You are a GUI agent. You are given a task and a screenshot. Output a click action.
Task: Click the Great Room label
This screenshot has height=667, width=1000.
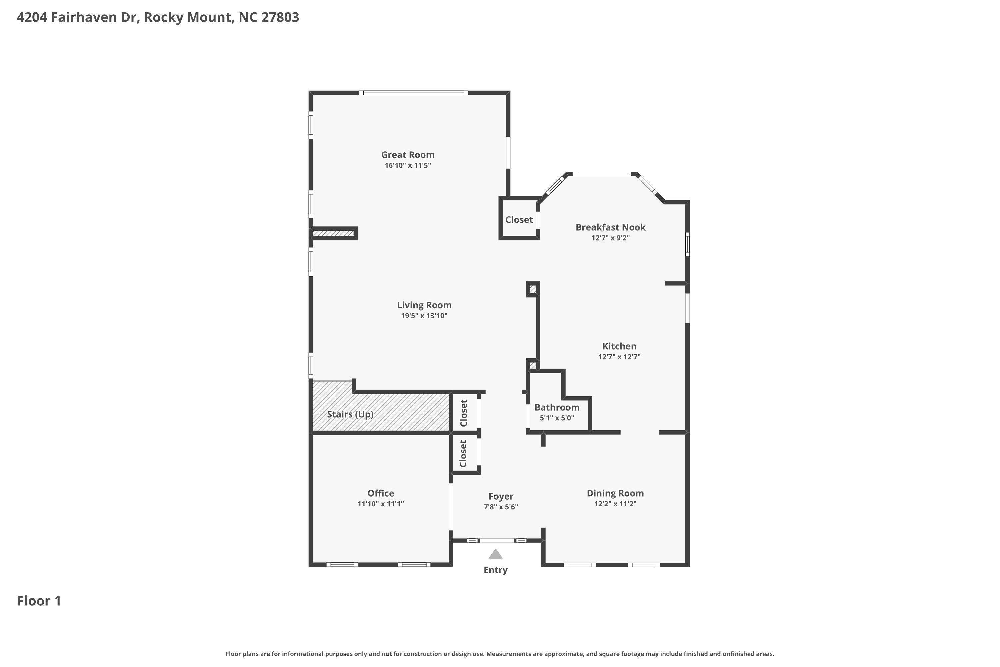[x=407, y=155]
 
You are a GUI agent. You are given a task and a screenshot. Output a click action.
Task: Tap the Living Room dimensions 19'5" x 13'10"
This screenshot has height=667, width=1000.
[x=424, y=315]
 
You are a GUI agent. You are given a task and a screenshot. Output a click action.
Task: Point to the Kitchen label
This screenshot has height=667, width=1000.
[x=619, y=346]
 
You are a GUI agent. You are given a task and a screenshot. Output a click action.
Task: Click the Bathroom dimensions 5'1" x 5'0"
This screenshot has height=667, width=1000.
[x=557, y=418]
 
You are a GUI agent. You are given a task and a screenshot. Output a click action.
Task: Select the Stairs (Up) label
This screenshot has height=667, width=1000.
[x=350, y=414]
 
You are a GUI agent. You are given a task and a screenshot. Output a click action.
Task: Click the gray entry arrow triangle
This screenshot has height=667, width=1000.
[x=495, y=554]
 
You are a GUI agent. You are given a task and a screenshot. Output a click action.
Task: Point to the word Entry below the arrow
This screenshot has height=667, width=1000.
[x=495, y=570]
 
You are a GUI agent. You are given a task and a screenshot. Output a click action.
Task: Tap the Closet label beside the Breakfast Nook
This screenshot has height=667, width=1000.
[x=519, y=219]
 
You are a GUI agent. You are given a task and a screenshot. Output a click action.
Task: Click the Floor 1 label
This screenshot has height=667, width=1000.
[x=39, y=601]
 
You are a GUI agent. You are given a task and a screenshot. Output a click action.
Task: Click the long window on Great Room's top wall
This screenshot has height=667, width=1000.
[x=413, y=93]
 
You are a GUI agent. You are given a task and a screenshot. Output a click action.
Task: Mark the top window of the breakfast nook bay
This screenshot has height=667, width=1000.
[x=602, y=173]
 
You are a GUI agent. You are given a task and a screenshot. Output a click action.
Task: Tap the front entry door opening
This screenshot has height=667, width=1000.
[x=497, y=541]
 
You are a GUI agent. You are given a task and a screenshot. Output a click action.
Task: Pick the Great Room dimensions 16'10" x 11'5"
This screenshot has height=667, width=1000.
[x=407, y=165]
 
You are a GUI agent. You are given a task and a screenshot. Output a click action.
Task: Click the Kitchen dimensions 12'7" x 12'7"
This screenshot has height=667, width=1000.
[x=619, y=357]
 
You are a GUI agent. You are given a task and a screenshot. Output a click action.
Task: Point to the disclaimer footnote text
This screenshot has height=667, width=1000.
[x=500, y=654]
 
